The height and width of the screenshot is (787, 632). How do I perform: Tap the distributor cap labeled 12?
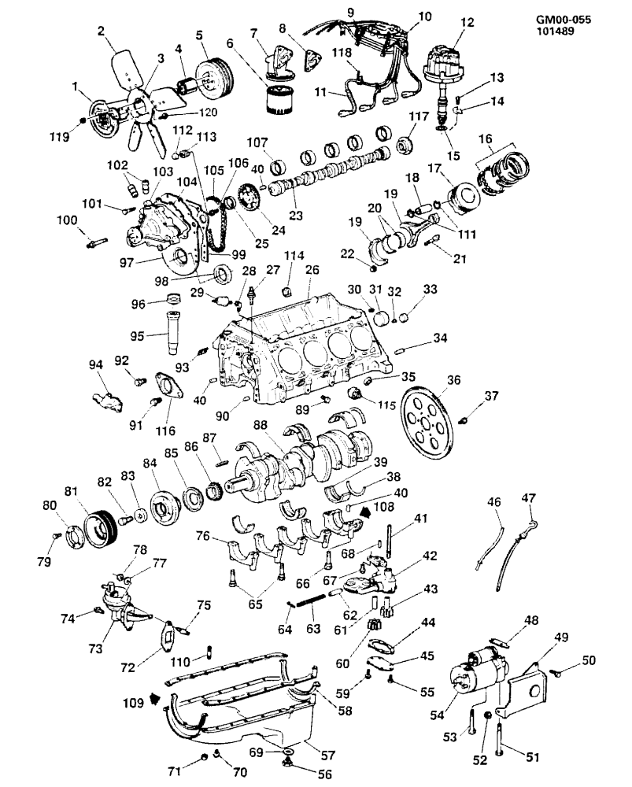pos(443,63)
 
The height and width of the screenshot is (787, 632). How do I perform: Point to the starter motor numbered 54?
pos(478,670)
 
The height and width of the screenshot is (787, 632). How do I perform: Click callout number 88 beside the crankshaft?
pos(261,425)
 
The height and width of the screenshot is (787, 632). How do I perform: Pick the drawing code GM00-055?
pos(564,20)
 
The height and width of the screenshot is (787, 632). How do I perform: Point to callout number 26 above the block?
pos(312,270)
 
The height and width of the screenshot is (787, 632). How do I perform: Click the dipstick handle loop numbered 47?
pos(533,526)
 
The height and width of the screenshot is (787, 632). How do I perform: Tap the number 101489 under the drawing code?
pos(555,31)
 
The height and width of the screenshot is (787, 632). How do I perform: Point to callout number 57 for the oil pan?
pos(327,755)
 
